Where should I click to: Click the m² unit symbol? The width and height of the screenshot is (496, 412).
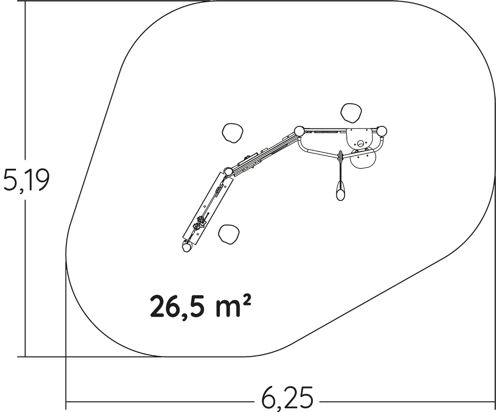click(234, 306)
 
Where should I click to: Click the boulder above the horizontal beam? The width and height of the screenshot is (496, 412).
click(351, 113)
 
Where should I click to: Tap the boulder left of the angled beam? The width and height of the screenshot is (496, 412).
click(233, 133)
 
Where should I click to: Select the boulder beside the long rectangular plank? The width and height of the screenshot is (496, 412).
click(229, 234)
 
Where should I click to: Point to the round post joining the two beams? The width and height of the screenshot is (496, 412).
click(299, 131)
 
